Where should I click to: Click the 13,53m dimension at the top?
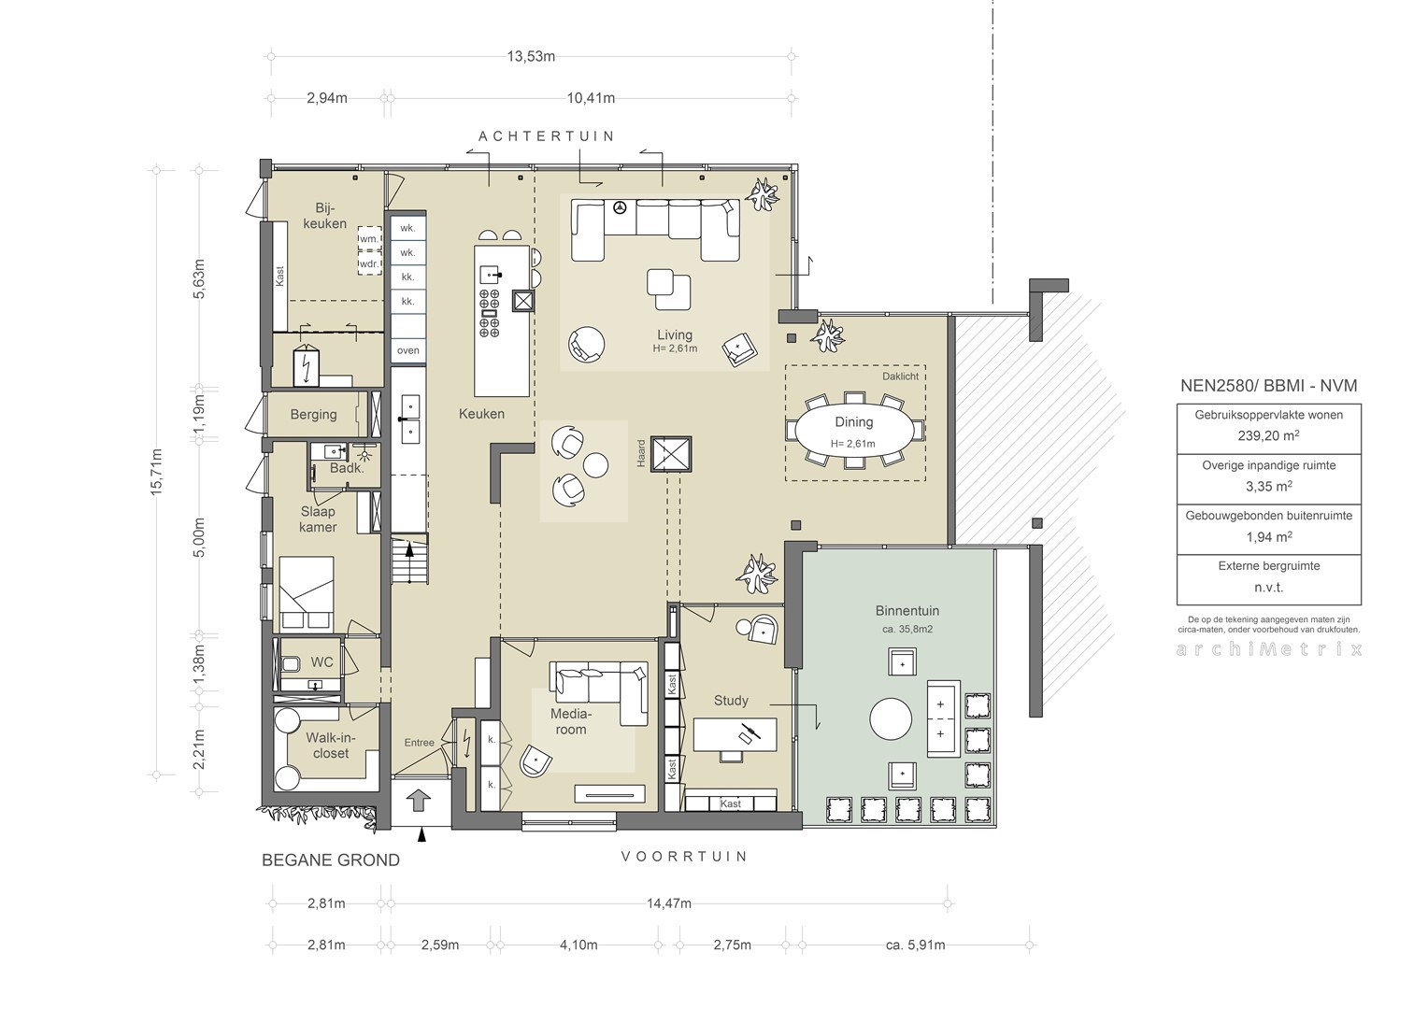[531, 57]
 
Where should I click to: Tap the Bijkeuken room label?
[325, 216]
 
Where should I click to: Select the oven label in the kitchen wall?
[408, 350]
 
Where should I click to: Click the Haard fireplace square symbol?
[671, 454]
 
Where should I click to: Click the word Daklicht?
[900, 377]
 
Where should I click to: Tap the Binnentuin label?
[907, 611]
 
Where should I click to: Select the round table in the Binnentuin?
[891, 719]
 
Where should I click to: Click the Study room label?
[731, 701]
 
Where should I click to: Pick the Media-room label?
[571, 721]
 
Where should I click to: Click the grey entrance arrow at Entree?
[418, 800]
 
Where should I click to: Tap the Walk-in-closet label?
[331, 746]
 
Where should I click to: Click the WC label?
[321, 662]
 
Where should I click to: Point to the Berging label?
[314, 415]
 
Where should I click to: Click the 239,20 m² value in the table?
[1268, 436]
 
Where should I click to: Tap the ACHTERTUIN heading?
[547, 135]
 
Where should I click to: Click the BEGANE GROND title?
[331, 860]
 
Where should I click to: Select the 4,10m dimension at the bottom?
[578, 945]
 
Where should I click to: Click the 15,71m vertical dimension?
[157, 472]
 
